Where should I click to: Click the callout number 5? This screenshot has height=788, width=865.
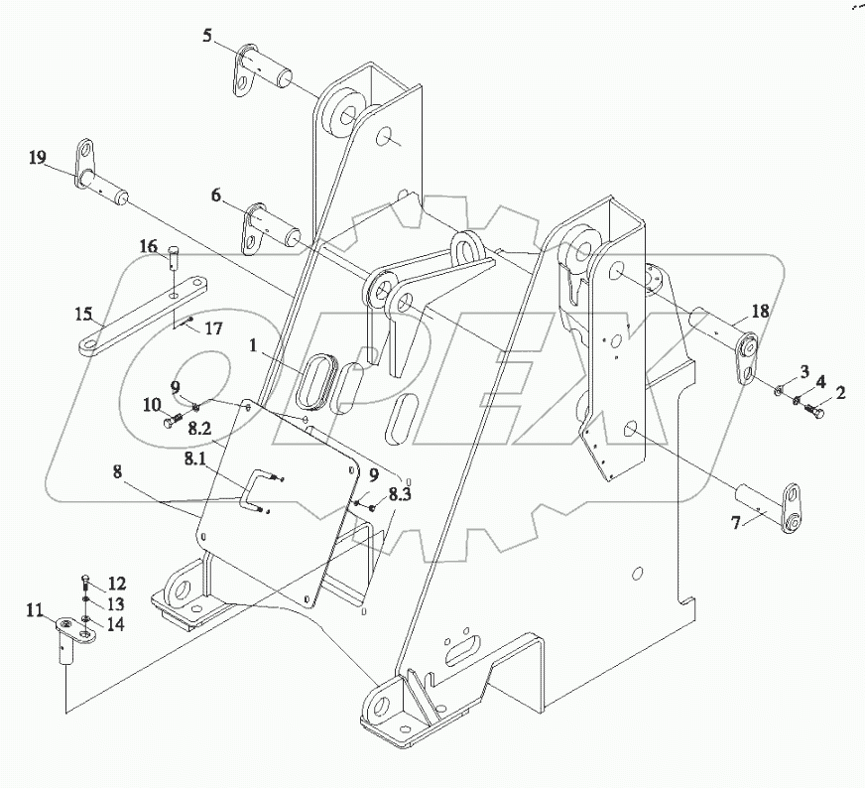207,36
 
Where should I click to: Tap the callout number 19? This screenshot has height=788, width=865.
37,158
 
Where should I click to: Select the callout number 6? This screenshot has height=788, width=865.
215,196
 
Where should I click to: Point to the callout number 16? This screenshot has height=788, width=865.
148,246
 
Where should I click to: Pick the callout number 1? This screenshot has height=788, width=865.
254,348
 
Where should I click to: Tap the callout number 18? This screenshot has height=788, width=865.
759,312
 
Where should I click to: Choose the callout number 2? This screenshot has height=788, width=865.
840,393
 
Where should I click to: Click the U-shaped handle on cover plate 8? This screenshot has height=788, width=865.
255,493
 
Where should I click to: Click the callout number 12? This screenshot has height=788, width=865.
117,583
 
